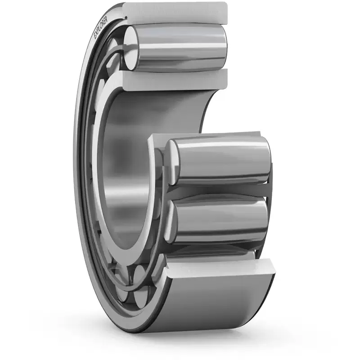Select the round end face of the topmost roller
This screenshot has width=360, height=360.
coord(131,48)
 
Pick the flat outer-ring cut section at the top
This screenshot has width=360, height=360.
coord(175,12)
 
